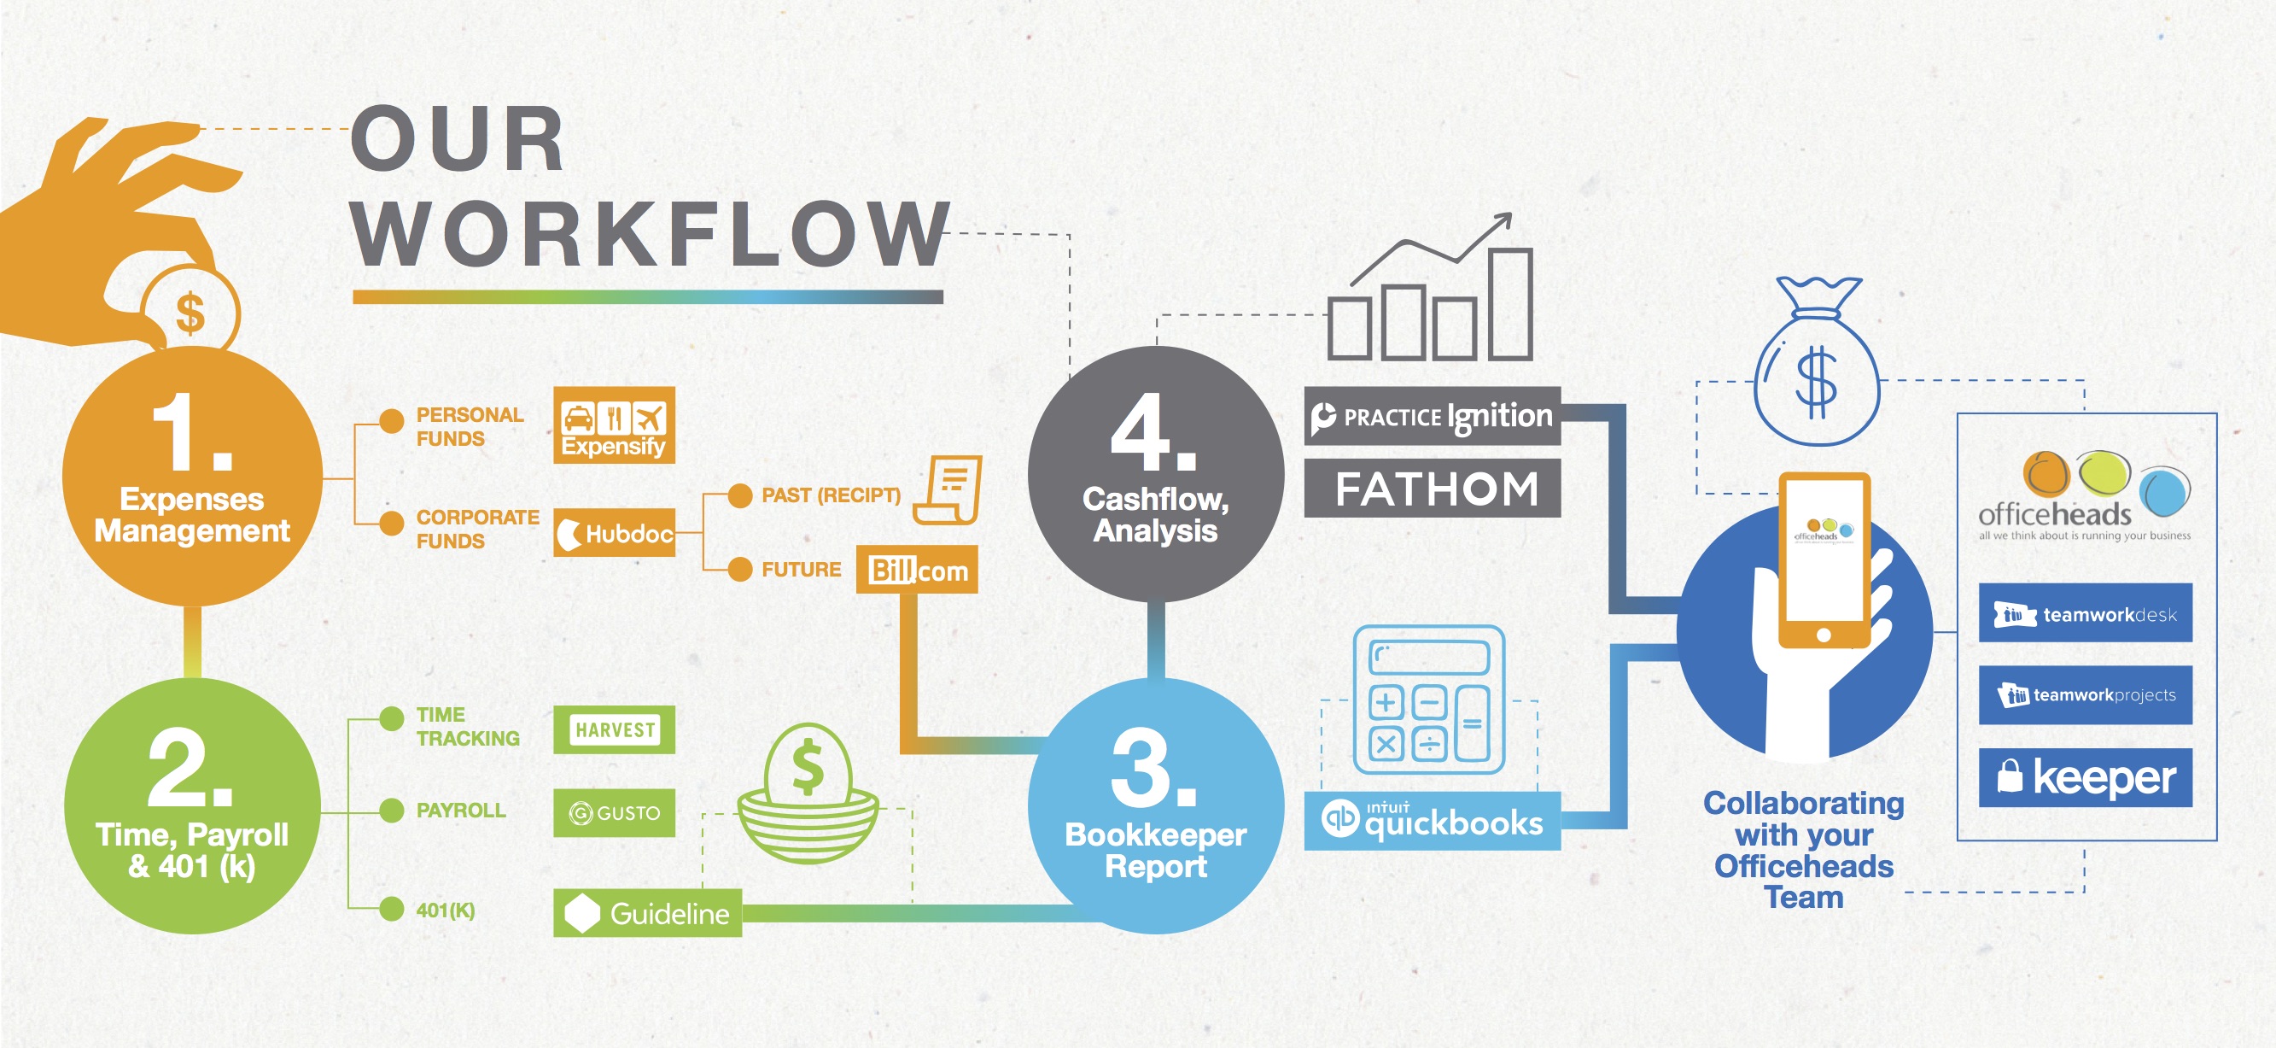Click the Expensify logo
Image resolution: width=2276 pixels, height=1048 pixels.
click(x=614, y=425)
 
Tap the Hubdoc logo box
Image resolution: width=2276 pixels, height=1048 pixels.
click(x=614, y=533)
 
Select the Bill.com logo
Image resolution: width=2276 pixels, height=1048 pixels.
click(x=917, y=570)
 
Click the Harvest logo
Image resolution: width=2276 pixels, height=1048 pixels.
click(x=614, y=730)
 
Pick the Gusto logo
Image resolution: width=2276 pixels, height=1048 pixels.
click(x=614, y=813)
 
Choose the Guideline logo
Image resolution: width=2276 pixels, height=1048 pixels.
click(x=648, y=913)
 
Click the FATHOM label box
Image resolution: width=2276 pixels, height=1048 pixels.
click(x=1433, y=489)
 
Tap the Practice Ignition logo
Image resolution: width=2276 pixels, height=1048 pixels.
click(x=1433, y=416)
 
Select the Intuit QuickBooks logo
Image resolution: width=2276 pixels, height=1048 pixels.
click(x=1433, y=821)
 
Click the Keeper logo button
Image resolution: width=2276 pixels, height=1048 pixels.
click(x=2085, y=777)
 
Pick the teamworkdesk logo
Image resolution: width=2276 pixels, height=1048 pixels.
click(x=2085, y=613)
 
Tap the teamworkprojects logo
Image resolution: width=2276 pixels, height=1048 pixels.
click(x=2085, y=695)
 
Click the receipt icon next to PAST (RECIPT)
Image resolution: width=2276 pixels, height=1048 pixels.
click(x=950, y=489)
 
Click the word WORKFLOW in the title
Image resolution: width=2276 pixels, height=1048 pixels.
click(x=651, y=234)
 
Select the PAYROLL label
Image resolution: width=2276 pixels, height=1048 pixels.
click(x=460, y=811)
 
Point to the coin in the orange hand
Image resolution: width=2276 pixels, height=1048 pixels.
click(x=190, y=313)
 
